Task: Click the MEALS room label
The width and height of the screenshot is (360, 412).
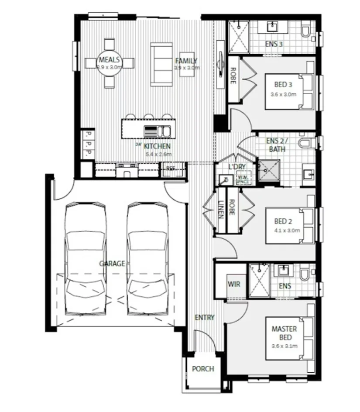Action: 110,60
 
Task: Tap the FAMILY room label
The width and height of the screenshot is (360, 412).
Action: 186,61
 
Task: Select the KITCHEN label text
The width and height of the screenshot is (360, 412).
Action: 157,146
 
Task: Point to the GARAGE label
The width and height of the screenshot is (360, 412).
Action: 112,264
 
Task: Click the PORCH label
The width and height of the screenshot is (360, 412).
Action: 203,369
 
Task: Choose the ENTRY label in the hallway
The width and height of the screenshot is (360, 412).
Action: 205,317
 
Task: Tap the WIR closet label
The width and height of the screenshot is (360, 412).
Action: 233,284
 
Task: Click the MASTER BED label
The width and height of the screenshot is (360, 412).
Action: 284,333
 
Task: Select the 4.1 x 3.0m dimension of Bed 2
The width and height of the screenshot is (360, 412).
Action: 285,230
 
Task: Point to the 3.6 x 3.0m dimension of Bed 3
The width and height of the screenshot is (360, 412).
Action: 283,94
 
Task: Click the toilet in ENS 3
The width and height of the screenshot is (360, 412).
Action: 307,32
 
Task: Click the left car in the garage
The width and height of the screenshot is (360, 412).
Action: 86,257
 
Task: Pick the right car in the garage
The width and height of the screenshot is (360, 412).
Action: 148,257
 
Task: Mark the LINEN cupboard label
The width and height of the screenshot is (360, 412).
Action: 221,209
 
